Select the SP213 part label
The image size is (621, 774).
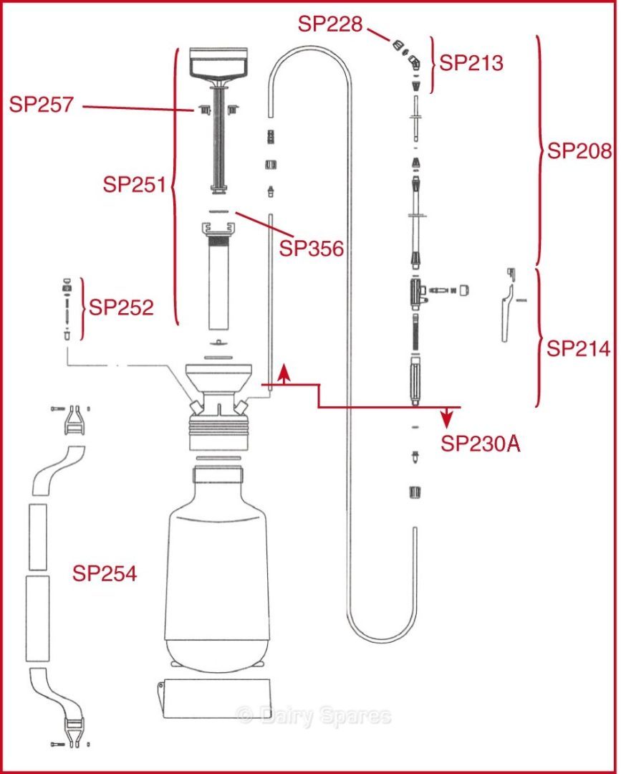[x=471, y=63]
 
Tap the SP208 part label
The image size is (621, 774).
[x=579, y=151]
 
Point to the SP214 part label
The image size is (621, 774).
[x=579, y=349]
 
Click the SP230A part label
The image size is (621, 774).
[x=480, y=444]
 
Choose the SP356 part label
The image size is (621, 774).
[x=312, y=249]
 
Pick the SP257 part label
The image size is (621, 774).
[x=42, y=105]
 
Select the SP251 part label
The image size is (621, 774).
[x=135, y=184]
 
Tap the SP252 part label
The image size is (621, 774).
[x=121, y=308]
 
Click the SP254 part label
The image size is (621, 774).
[x=105, y=573]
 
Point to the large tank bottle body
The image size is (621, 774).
[x=219, y=566]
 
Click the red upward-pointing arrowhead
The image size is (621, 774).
[x=284, y=371]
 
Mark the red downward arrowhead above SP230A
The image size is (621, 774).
[x=447, y=416]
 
